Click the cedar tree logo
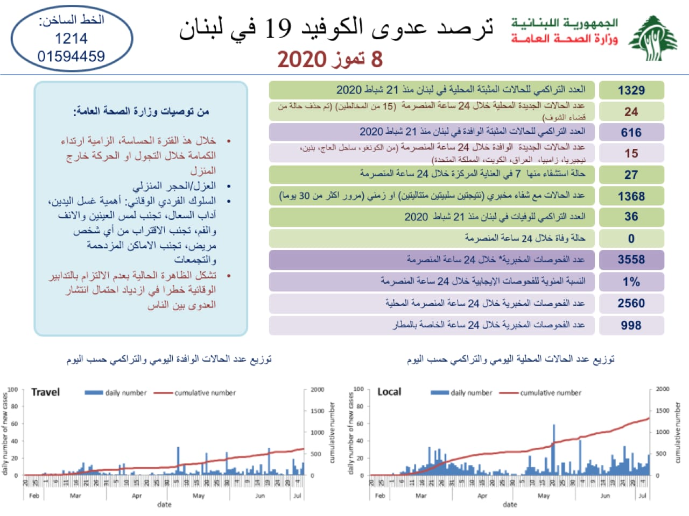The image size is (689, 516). (653, 38)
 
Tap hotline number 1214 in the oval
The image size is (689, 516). (71, 39)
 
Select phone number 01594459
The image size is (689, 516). (71, 56)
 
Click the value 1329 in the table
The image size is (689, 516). (631, 90)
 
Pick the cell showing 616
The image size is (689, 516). (631, 133)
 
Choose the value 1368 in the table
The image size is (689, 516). (631, 196)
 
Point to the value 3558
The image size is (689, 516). (631, 260)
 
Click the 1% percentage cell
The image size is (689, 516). (631, 282)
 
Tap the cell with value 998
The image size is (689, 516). (631, 325)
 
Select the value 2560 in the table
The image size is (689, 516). (631, 303)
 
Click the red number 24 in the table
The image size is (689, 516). (631, 112)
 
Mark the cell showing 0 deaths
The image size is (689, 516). (631, 239)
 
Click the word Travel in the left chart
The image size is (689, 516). (46, 392)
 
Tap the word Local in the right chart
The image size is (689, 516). (389, 392)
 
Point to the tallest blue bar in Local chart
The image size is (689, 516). (554, 449)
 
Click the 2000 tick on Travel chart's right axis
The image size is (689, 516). (318, 390)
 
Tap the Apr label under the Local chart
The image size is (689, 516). (482, 496)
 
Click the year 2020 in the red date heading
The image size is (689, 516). (302, 59)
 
